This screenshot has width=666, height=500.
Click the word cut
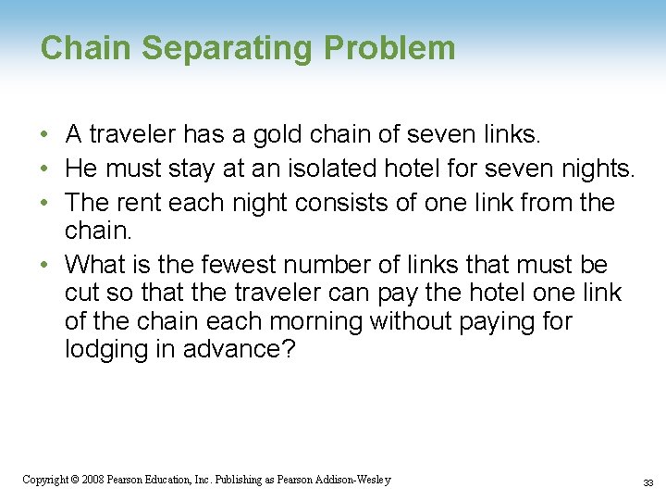83,294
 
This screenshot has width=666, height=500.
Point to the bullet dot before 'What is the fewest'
44,266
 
